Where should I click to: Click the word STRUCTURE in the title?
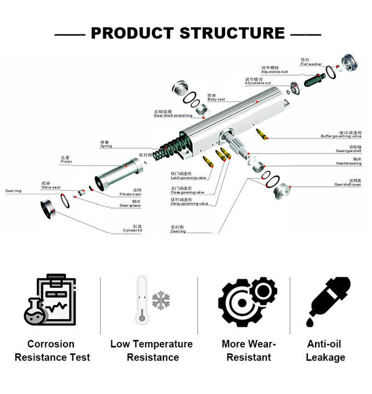tap(232, 33)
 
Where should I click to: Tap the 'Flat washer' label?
tap(311, 63)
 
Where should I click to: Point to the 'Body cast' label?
tap(216, 99)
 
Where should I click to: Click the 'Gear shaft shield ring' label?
tap(174, 115)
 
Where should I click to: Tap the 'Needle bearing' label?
tap(348, 164)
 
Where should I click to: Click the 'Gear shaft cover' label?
tap(347, 184)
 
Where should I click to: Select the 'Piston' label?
tap(66, 162)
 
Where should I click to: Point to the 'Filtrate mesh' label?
tap(130, 195)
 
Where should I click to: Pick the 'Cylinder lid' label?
tap(133, 230)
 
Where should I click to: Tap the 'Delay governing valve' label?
tap(190, 204)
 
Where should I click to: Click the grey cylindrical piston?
tap(118, 172)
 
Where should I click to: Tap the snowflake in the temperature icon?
tap(161, 300)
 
